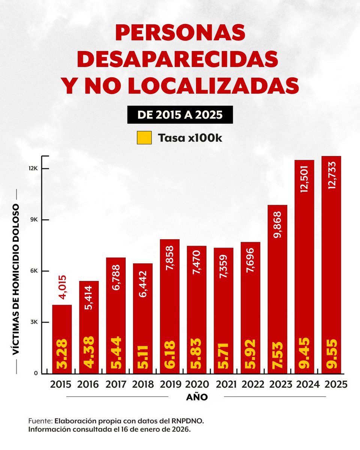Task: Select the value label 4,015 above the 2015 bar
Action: (62, 288)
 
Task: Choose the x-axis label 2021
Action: (223, 385)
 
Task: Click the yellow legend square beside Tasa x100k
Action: (144, 138)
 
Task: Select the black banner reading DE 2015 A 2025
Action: (180, 115)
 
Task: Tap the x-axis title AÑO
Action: (197, 397)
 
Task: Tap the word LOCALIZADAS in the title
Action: (213, 86)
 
